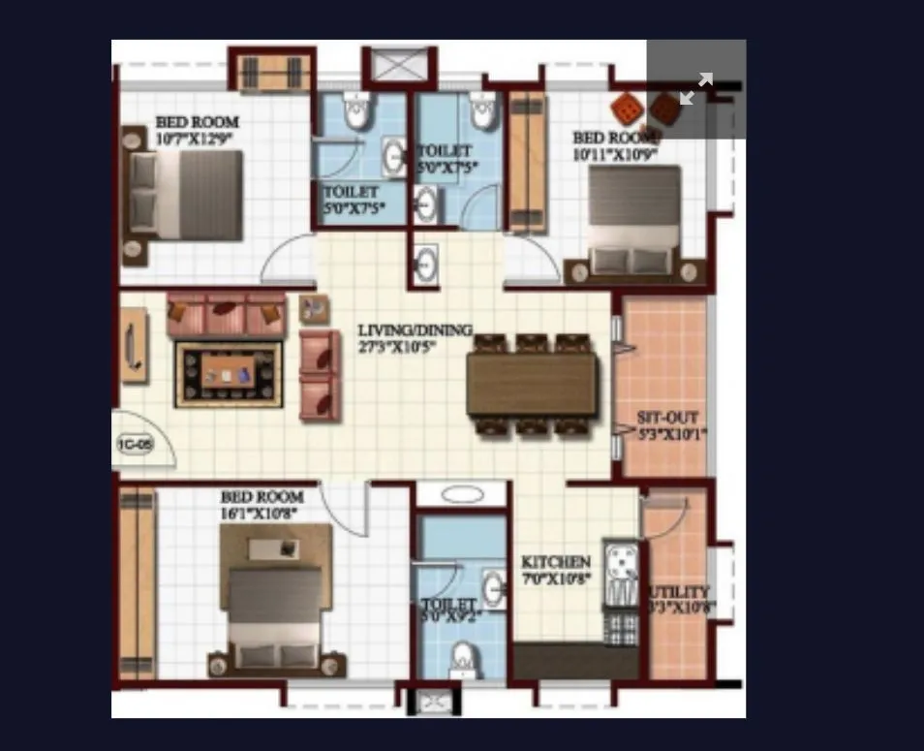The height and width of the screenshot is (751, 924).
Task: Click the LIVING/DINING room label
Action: (415, 330)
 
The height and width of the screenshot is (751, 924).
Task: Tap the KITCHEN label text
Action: (555, 563)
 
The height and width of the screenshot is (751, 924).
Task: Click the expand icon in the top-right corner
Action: (695, 88)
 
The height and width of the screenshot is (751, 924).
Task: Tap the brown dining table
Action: (532, 385)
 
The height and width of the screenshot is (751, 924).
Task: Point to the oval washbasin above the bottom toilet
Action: (462, 494)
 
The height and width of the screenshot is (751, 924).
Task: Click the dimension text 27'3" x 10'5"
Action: (415, 346)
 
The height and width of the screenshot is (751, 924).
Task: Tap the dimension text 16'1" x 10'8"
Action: (262, 514)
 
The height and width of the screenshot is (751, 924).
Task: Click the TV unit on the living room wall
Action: (134, 344)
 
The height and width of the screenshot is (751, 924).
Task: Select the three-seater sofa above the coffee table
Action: (227, 313)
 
